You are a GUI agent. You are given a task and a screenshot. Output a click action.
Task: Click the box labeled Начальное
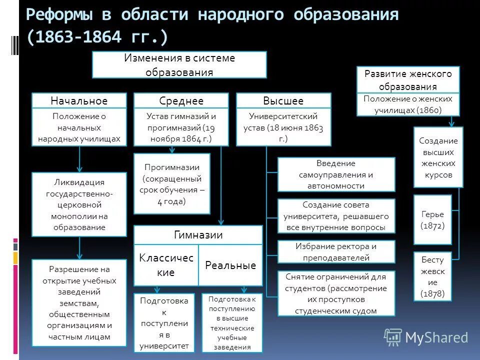pos(79,101)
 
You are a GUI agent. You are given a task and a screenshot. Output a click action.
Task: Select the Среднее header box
pos(181,101)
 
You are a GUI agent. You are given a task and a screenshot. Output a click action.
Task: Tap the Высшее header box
pos(283,101)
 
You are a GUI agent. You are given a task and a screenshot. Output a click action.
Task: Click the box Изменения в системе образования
pos(179,65)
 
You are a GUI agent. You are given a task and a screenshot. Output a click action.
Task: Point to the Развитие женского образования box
pos(408,80)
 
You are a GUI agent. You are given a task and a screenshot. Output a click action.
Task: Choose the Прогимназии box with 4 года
pos(171,184)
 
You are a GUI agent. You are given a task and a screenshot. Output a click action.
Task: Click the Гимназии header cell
pos(198,235)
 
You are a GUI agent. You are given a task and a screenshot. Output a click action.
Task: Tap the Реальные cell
pos(230,265)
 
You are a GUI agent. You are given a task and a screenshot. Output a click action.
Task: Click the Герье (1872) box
pos(432,220)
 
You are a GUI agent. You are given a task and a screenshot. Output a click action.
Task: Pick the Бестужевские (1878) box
pos(432,276)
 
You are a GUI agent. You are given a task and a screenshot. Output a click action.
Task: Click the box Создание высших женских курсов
pos(438,157)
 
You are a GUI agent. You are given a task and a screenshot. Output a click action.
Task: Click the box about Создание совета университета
pos(336,216)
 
